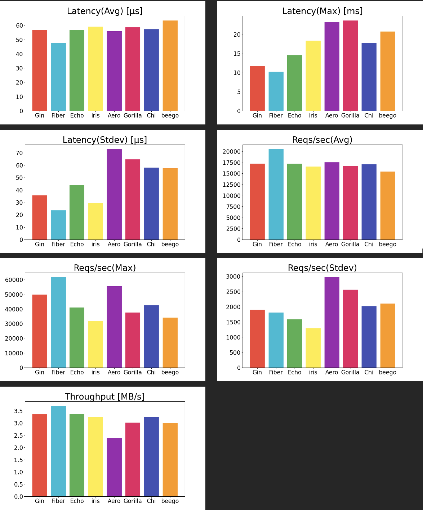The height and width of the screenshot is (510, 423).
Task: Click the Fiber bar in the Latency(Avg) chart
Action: click(x=58, y=77)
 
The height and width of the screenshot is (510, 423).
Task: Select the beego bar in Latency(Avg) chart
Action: click(x=170, y=66)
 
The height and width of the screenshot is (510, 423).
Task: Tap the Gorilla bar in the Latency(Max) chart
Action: click(x=350, y=66)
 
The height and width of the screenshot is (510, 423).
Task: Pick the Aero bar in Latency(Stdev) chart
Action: click(x=114, y=194)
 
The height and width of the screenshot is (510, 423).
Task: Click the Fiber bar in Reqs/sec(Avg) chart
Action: click(x=276, y=194)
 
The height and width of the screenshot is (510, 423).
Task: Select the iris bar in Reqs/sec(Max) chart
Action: click(x=95, y=344)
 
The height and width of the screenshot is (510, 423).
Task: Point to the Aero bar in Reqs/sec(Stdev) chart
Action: click(x=332, y=322)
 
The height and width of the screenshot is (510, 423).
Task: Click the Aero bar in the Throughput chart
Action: click(x=114, y=467)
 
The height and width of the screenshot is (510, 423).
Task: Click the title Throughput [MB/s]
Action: click(x=105, y=396)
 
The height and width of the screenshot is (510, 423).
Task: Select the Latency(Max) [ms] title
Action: click(x=322, y=11)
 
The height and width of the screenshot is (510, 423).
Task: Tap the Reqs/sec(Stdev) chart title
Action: click(x=322, y=268)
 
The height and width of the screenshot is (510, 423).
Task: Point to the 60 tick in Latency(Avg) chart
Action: click(x=19, y=26)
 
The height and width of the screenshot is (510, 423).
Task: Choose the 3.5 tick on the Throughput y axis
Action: click(x=18, y=411)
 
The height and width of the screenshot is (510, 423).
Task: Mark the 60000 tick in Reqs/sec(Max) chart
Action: click(x=14, y=280)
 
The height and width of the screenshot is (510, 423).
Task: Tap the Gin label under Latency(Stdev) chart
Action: click(x=40, y=244)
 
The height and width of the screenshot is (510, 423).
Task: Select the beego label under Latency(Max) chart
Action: click(x=388, y=115)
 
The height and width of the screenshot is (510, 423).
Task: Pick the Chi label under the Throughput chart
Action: click(x=151, y=501)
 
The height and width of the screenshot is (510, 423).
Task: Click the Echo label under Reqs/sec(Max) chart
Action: click(x=77, y=372)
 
